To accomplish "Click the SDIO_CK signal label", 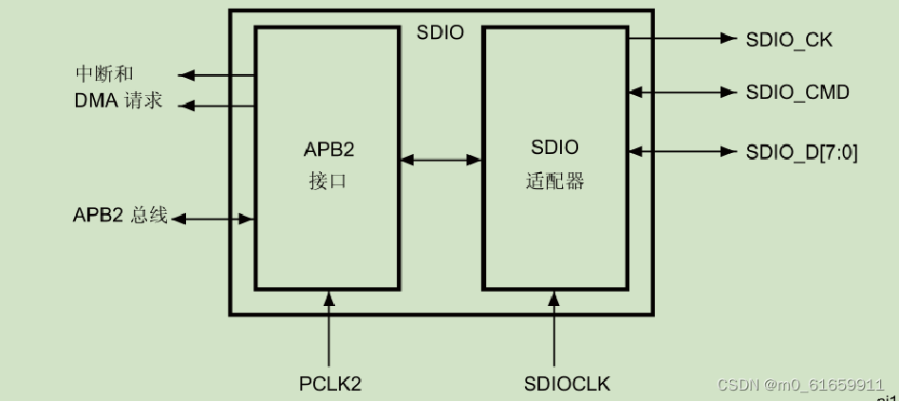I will (x=790, y=39).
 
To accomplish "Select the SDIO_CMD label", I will (x=797, y=92).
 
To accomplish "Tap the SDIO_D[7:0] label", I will (x=802, y=151).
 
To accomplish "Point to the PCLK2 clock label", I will (x=330, y=384).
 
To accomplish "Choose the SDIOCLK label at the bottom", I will (x=567, y=384).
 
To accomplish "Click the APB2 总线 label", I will (x=121, y=216).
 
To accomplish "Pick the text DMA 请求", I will (x=119, y=101).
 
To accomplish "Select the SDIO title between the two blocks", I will (x=440, y=32).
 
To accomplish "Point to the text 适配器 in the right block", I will (x=554, y=180).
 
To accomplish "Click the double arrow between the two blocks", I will (x=440, y=161).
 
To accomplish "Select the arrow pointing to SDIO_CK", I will (x=683, y=39).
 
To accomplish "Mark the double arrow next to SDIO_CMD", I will (x=683, y=92).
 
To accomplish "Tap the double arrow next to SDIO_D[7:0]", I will (x=683, y=151).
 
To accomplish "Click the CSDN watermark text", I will (x=800, y=385).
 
